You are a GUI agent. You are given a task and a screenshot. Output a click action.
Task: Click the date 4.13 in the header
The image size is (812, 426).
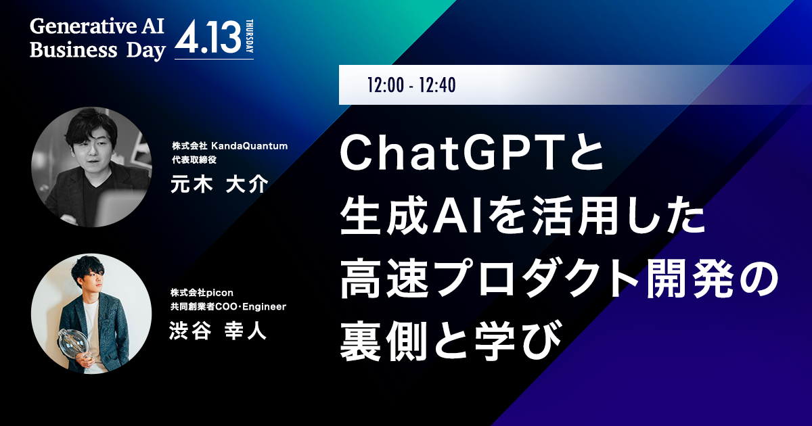[x=208, y=37]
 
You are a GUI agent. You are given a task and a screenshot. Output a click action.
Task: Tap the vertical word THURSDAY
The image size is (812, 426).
[x=250, y=36]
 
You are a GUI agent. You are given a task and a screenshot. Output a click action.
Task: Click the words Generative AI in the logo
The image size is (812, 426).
[x=97, y=26]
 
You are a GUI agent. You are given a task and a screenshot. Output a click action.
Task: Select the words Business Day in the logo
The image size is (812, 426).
[x=97, y=50]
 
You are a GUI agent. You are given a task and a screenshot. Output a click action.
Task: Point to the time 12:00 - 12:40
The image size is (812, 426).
[x=411, y=85]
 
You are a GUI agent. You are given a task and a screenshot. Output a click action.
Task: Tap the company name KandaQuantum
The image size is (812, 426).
[x=250, y=146]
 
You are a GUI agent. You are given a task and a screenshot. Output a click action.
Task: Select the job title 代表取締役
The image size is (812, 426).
[x=194, y=160]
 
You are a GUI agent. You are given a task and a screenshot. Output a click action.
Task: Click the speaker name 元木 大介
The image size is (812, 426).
[x=219, y=184]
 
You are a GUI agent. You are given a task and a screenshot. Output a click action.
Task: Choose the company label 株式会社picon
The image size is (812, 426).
[x=202, y=293]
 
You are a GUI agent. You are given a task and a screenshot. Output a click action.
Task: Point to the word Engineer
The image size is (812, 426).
[x=265, y=307]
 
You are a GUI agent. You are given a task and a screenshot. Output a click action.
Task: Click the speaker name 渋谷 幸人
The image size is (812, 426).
[x=218, y=331]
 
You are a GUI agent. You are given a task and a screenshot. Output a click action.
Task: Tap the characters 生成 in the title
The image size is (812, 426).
[x=384, y=218]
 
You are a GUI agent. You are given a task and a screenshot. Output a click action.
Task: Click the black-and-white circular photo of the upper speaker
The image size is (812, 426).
[x=91, y=167]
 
